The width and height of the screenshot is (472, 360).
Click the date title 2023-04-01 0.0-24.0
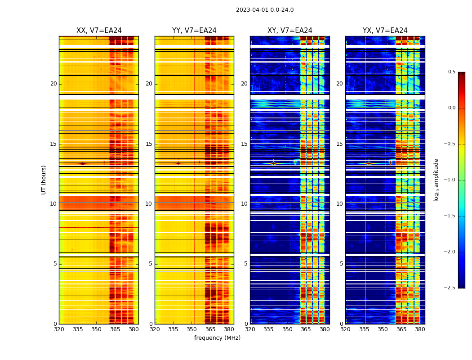[x=265, y=10]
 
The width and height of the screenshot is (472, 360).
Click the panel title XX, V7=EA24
[x=99, y=31]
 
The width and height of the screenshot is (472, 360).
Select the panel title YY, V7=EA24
[x=194, y=31]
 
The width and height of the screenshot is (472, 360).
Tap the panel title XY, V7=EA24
[x=290, y=31]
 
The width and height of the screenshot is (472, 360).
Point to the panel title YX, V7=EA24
[x=385, y=31]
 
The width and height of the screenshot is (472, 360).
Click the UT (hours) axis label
[x=44, y=180]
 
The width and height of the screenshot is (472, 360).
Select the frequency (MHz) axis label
[x=217, y=338]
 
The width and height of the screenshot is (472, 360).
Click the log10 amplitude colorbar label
[x=436, y=180]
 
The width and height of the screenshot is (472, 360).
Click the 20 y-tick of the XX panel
[x=53, y=84]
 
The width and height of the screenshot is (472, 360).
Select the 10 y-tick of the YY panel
[x=149, y=204]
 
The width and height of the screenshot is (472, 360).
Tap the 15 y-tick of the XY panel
[x=244, y=144]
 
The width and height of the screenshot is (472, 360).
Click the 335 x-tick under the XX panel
[x=78, y=329]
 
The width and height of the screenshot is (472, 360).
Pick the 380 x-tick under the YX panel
[x=420, y=329]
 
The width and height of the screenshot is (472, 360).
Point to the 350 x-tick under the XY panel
[x=287, y=329]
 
